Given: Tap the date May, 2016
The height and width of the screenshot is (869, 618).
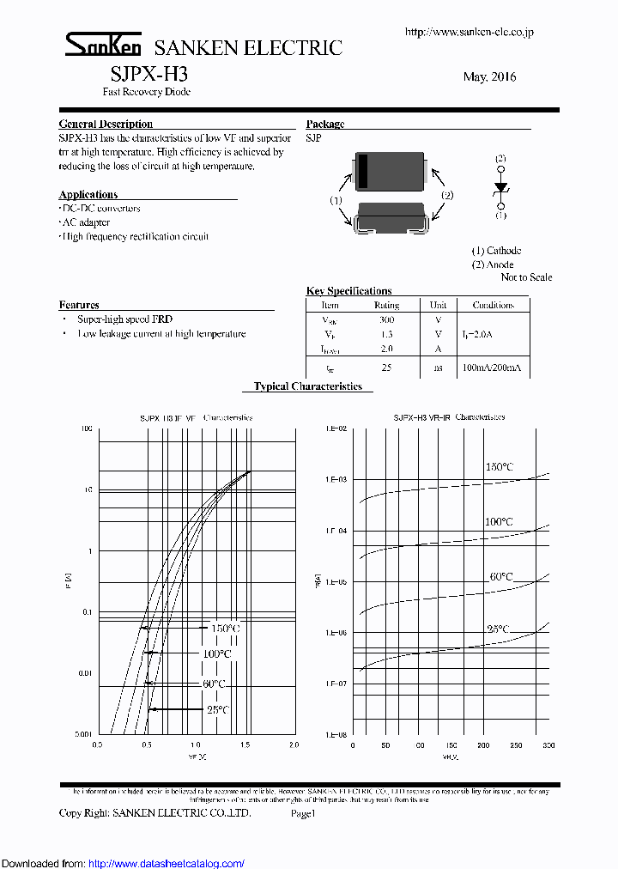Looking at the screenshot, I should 489,77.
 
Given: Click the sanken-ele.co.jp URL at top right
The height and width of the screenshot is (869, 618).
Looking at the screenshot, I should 469,32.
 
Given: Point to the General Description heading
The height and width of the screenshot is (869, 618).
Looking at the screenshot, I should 106,125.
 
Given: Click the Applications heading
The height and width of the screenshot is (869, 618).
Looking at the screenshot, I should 88,195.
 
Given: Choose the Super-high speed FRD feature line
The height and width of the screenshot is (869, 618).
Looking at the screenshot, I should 125,319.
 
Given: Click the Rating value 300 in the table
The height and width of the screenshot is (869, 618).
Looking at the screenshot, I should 386,319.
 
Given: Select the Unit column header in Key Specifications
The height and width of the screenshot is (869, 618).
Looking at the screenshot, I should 438,305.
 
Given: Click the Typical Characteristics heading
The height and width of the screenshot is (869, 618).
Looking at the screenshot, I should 308,387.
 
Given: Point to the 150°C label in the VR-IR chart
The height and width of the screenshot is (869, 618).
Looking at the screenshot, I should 499,467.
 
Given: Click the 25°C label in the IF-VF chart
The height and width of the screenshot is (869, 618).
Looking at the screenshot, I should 217,709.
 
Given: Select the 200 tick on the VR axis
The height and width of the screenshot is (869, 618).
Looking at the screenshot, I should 484,745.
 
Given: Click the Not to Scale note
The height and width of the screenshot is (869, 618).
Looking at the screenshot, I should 526,277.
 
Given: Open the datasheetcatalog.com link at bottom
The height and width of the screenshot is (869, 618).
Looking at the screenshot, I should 167,863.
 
